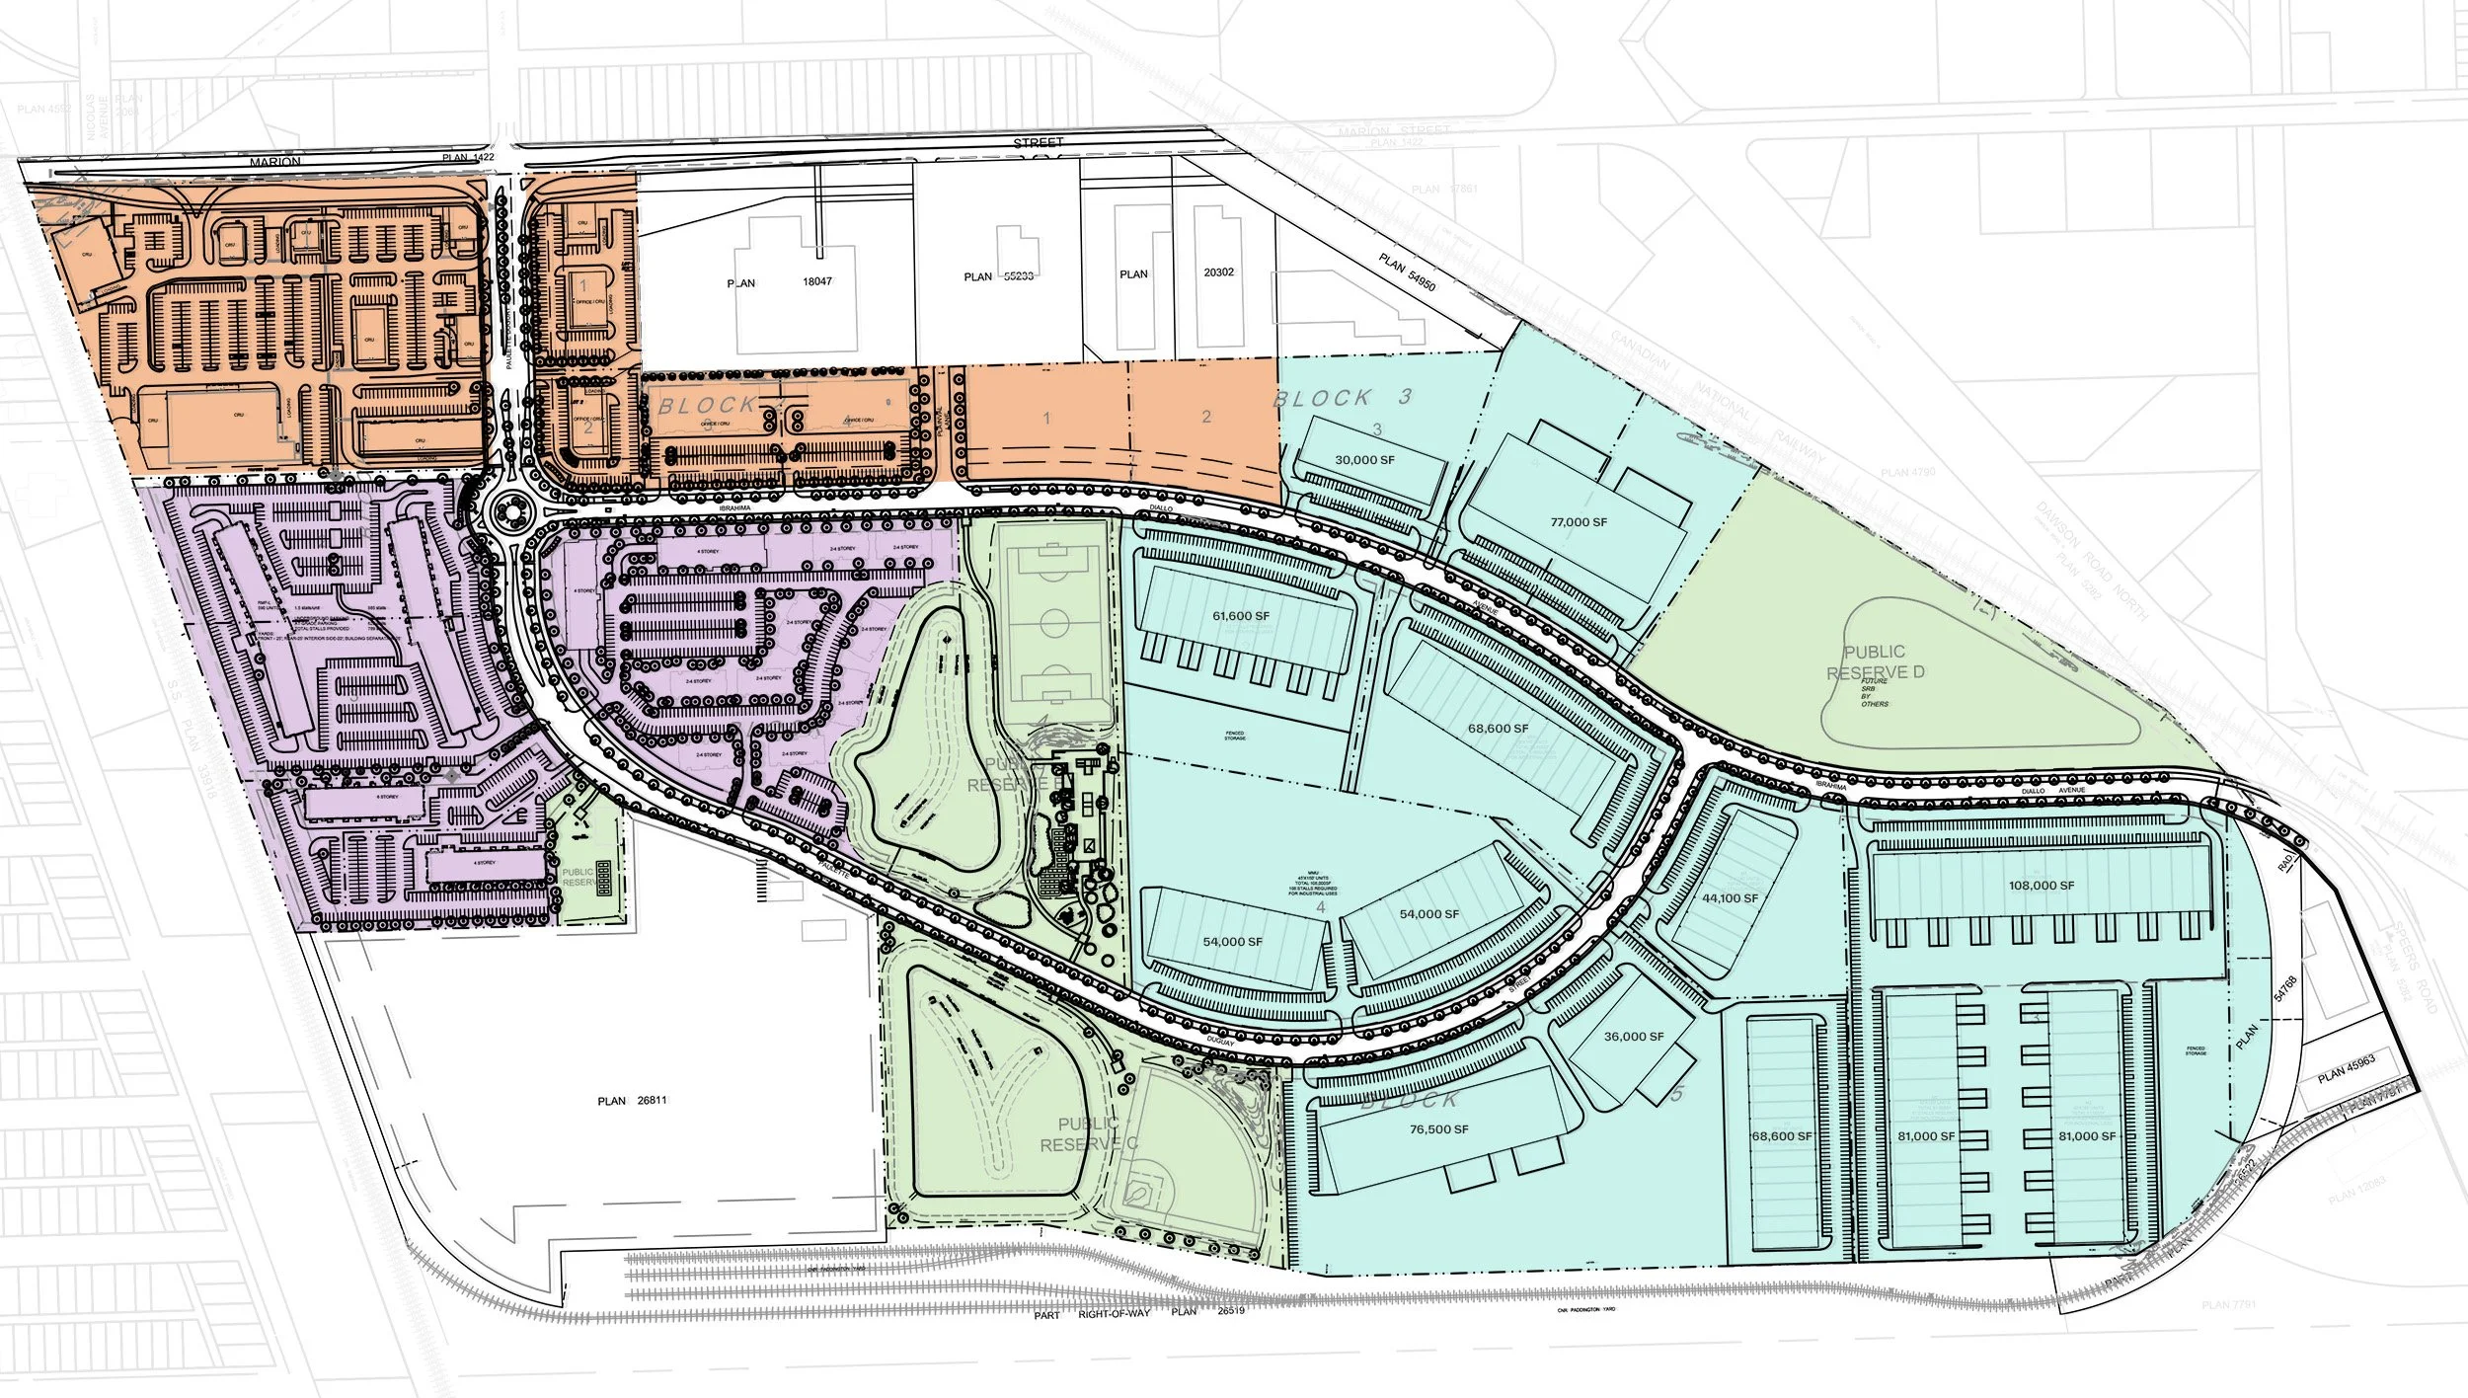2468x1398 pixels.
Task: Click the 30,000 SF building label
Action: pyautogui.click(x=1364, y=460)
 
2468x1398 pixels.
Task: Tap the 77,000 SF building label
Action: pyautogui.click(x=1579, y=522)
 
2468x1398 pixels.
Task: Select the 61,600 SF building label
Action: pyautogui.click(x=1241, y=616)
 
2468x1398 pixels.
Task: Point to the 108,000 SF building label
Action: pyautogui.click(x=2041, y=886)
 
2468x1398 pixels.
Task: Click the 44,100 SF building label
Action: pyautogui.click(x=1730, y=898)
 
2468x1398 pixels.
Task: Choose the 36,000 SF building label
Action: pyautogui.click(x=1634, y=1037)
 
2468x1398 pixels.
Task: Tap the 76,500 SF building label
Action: pyautogui.click(x=1438, y=1129)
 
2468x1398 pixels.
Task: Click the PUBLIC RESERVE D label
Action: pyautogui.click(x=1875, y=662)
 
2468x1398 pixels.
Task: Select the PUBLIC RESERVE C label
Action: pyautogui.click(x=1088, y=1133)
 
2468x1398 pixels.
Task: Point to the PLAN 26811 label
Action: pyautogui.click(x=632, y=1101)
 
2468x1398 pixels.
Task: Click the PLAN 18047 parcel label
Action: pyautogui.click(x=779, y=282)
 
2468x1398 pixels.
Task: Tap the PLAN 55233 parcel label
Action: pyautogui.click(x=998, y=276)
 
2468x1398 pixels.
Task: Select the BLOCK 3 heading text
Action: pyautogui.click(x=1343, y=398)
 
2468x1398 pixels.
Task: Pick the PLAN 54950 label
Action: pyautogui.click(x=1407, y=272)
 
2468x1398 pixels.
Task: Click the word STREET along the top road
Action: pyautogui.click(x=1038, y=143)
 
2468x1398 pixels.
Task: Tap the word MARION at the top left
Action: pyautogui.click(x=274, y=162)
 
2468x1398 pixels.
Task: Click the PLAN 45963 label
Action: pyautogui.click(x=2346, y=1070)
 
